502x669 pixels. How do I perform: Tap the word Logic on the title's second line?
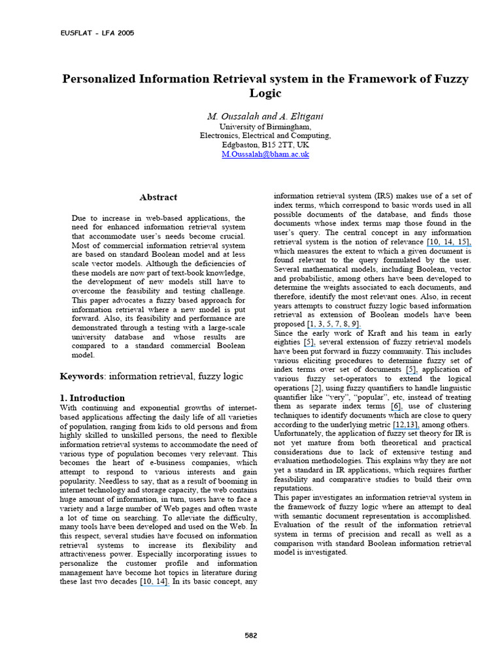point(265,93)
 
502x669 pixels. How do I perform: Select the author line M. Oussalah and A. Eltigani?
point(265,116)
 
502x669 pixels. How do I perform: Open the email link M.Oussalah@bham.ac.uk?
point(265,154)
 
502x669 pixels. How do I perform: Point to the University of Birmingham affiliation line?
point(265,126)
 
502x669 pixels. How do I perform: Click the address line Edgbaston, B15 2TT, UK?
point(265,145)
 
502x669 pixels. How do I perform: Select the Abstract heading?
point(158,197)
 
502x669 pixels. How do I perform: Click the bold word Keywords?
point(82,376)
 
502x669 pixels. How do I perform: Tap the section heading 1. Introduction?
point(92,398)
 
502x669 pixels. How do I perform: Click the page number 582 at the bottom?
point(252,635)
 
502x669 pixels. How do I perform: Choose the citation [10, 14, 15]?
point(448,242)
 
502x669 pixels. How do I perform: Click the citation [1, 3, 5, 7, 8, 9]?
point(333,324)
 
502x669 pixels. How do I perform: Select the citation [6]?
point(396,406)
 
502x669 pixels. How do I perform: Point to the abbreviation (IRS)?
point(384,196)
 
